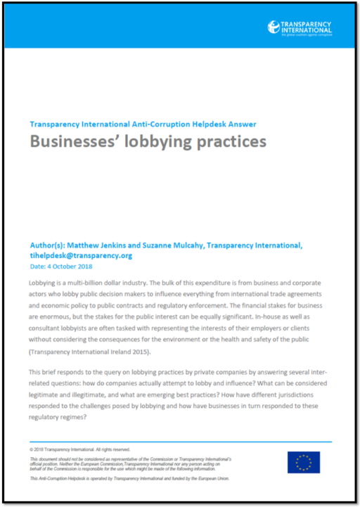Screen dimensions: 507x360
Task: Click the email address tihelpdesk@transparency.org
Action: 82,255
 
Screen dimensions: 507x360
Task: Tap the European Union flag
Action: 304,462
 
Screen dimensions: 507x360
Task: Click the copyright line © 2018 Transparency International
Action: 79,449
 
